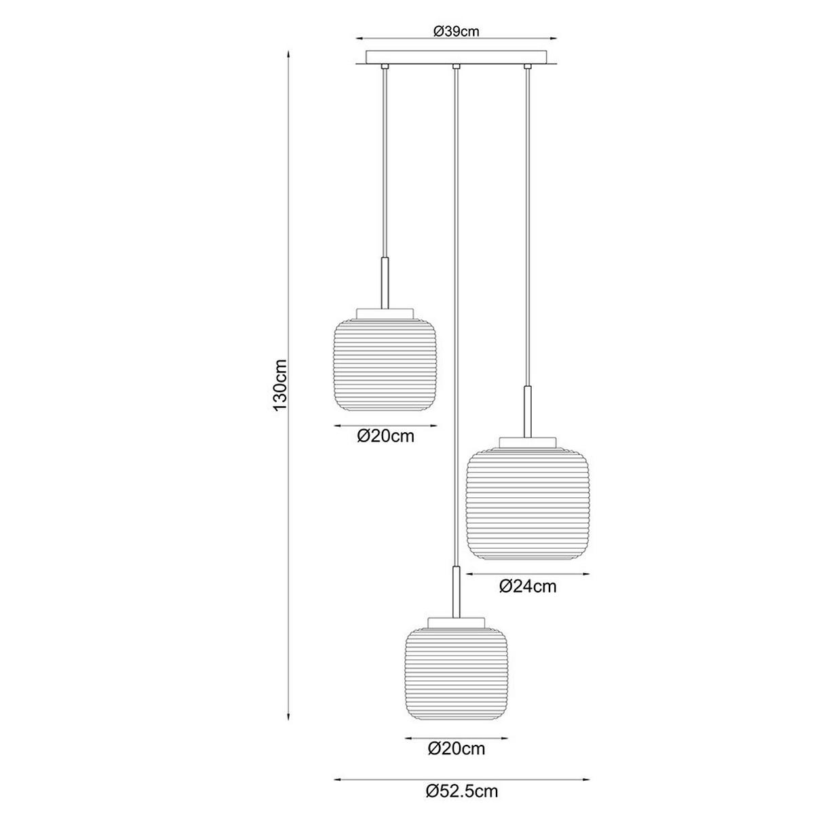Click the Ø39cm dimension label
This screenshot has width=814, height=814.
coord(457,31)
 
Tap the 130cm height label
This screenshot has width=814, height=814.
coord(280,385)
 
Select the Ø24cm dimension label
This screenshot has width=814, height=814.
coord(528,586)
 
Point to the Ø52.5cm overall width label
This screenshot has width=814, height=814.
coord(462,791)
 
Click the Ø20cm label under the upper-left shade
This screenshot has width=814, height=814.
coord(385,436)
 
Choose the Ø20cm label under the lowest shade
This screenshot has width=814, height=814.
coord(457,748)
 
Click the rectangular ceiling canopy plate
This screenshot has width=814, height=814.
coord(457,57)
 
